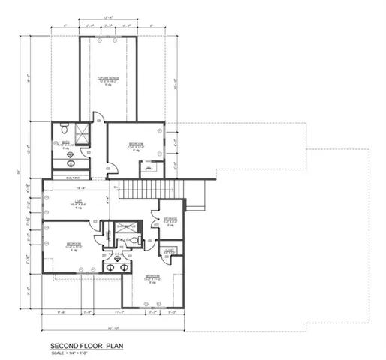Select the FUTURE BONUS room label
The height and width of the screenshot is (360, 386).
click(109, 77)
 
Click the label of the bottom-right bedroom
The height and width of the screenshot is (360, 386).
click(152, 277)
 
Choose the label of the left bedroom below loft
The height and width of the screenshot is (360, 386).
click(74, 244)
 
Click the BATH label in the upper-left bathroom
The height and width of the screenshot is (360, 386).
click(66, 144)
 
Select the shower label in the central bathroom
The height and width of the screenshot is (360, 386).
click(125, 226)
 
